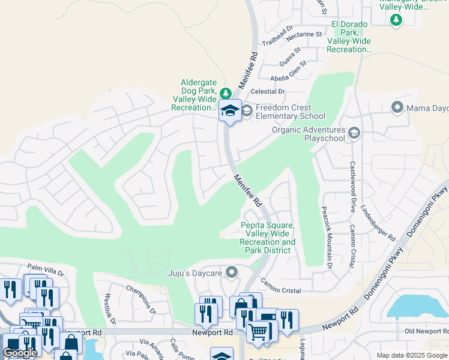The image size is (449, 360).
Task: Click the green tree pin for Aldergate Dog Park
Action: point(225,93)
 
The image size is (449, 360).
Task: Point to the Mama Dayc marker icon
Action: point(397,108)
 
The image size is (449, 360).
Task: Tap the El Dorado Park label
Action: point(349,36)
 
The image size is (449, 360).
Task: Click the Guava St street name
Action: point(290,53)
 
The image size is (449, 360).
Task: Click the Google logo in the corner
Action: point(20,353)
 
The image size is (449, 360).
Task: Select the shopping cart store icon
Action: point(258,331)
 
